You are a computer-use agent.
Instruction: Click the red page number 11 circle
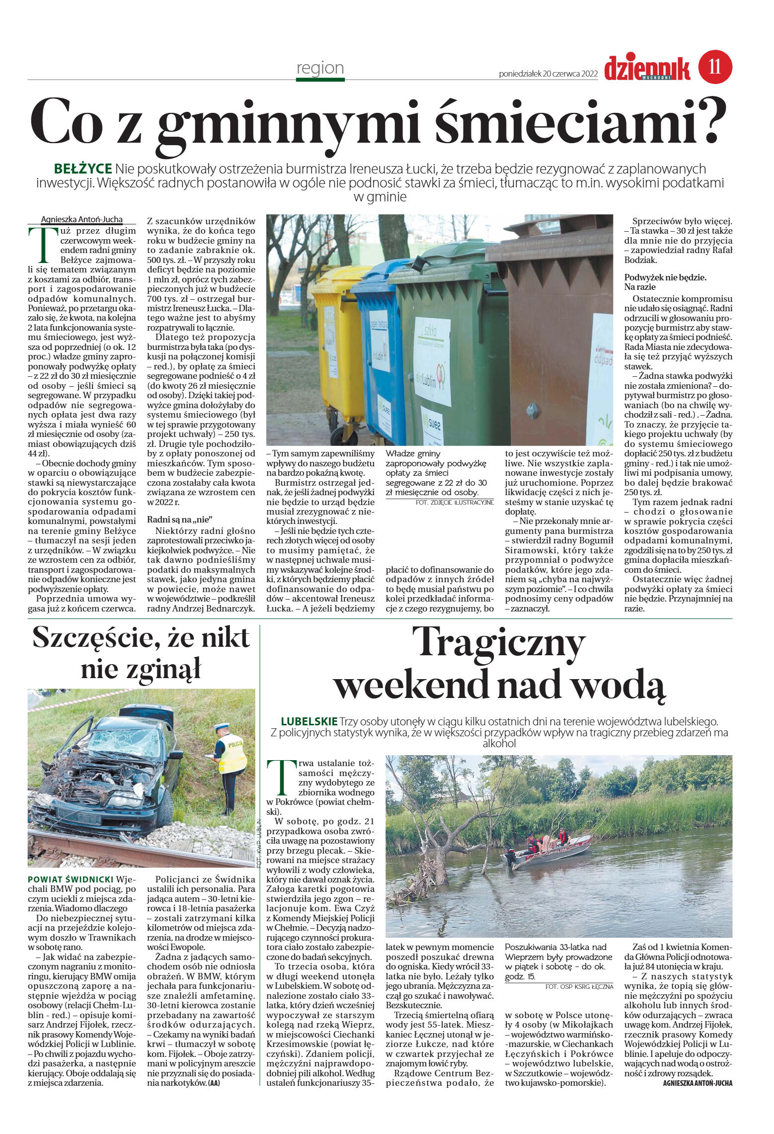click(x=715, y=67)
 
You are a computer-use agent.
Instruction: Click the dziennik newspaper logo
click(x=647, y=68)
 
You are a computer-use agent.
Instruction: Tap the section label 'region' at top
click(x=320, y=68)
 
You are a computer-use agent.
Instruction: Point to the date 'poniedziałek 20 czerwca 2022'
click(x=547, y=74)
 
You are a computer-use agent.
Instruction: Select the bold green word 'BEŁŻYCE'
click(x=83, y=169)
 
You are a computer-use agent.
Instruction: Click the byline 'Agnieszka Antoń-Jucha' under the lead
click(x=81, y=219)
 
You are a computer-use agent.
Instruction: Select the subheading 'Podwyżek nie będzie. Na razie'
click(x=665, y=282)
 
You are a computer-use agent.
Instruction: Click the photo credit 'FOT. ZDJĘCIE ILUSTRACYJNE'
click(x=454, y=503)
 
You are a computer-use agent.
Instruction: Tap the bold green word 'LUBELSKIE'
click(x=309, y=721)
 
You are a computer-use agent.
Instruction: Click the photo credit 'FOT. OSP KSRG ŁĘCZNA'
click(x=579, y=986)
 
